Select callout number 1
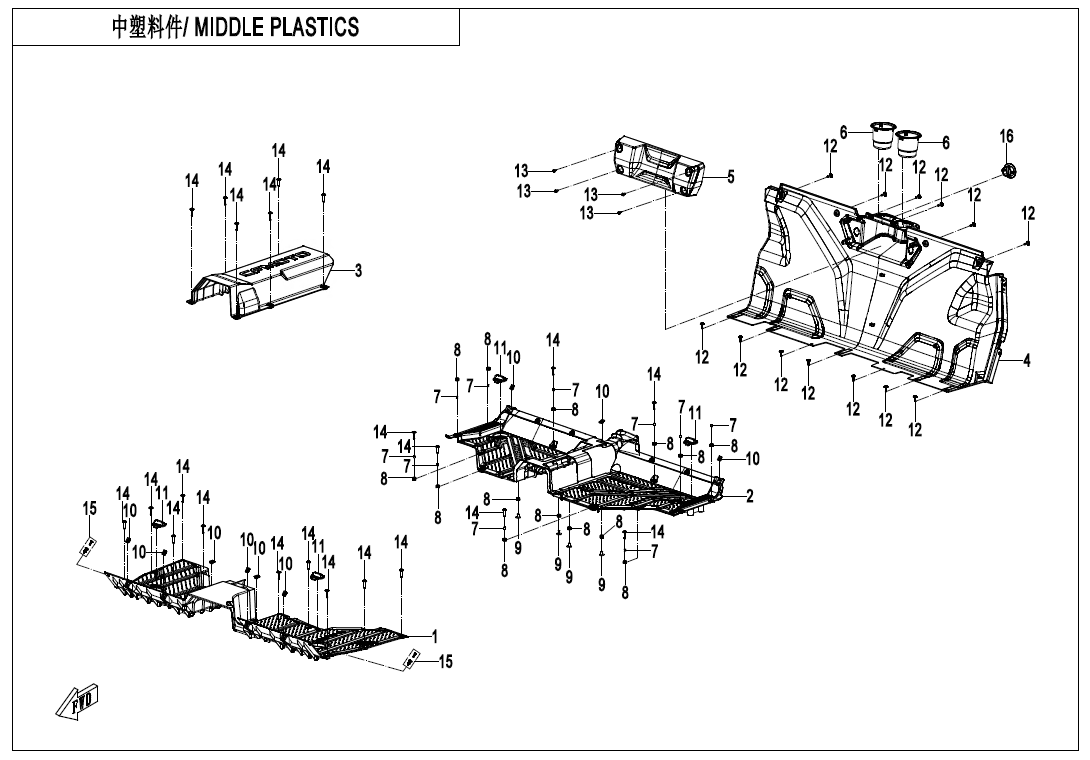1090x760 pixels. pyautogui.click(x=435, y=635)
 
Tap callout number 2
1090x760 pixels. pyautogui.click(x=750, y=496)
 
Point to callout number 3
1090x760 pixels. pyautogui.click(x=358, y=270)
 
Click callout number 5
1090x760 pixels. pyautogui.click(x=731, y=177)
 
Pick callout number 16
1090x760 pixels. pyautogui.click(x=1006, y=136)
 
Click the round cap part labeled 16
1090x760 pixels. pyautogui.click(x=1008, y=170)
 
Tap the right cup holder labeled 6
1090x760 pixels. pyautogui.click(x=908, y=142)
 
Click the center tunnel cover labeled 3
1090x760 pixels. pyautogui.click(x=265, y=280)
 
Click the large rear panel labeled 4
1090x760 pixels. pyautogui.click(x=880, y=290)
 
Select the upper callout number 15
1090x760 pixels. pyautogui.click(x=90, y=509)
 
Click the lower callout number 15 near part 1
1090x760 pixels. pyautogui.click(x=446, y=661)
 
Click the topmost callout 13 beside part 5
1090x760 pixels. pyautogui.click(x=521, y=170)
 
